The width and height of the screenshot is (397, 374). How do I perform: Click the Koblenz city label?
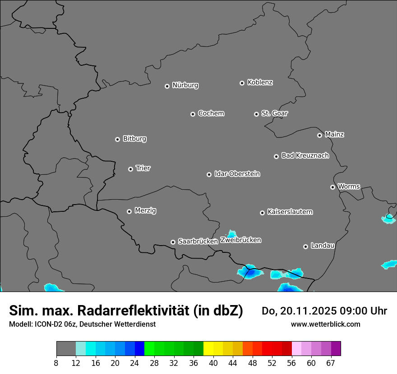click(x=260, y=82)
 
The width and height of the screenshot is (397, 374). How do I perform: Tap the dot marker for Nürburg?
click(x=167, y=86)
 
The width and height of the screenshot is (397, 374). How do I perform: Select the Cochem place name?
click(x=211, y=113)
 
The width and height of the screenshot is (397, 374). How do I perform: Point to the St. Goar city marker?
click(x=256, y=114)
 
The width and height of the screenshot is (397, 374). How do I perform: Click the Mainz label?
click(x=334, y=134)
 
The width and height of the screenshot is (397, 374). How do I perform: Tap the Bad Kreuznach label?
click(x=305, y=155)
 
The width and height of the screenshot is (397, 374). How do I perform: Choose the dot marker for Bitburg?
click(x=117, y=139)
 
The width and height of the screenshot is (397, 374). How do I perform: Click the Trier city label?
click(x=143, y=168)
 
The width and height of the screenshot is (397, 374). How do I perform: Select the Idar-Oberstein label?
click(x=237, y=173)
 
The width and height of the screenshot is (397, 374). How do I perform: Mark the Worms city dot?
click(x=332, y=187)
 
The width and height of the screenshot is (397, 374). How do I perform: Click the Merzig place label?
click(x=145, y=210)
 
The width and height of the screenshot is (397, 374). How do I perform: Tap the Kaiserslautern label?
click(x=290, y=212)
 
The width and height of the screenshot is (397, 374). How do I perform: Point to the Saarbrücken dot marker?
click(x=173, y=242)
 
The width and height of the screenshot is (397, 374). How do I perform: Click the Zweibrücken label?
click(x=240, y=240)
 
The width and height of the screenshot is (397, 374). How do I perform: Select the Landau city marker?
click(x=305, y=246)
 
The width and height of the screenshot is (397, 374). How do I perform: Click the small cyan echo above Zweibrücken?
click(x=232, y=233)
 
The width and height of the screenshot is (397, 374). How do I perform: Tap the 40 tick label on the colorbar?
click(x=213, y=363)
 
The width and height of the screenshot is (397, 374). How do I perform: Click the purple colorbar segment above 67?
click(x=336, y=349)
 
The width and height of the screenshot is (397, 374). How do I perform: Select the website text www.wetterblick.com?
click(x=325, y=324)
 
